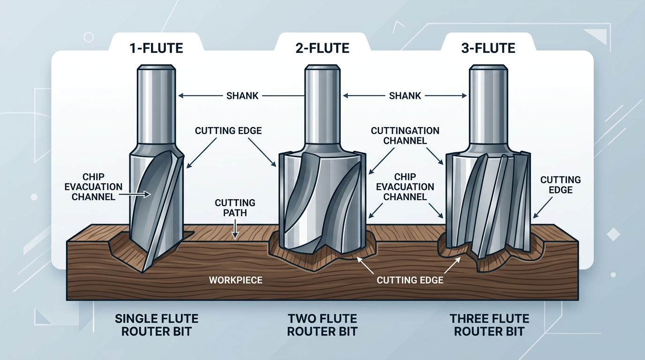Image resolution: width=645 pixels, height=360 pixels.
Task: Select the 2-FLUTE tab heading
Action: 322,48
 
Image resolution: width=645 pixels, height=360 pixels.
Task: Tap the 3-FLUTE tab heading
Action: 488,48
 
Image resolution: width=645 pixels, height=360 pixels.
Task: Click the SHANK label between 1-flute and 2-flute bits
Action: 242,96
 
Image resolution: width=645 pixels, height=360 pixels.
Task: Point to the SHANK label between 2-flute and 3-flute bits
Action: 405,96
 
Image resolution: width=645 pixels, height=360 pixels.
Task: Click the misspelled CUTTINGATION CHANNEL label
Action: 405,135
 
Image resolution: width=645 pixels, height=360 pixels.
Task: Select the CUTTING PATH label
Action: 235,208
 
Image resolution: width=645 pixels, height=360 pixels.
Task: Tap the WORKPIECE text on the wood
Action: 236,280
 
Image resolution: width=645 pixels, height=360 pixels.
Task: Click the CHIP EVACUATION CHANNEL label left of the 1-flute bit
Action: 97,187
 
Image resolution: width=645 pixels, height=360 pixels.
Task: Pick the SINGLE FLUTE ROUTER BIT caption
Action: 157,325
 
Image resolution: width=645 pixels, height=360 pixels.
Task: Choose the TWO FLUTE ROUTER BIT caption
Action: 322,325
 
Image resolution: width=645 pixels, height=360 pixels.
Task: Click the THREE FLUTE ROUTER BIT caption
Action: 489,325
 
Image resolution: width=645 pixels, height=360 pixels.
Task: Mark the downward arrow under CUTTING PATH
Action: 235,229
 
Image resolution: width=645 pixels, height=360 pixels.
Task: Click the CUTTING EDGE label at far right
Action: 560,185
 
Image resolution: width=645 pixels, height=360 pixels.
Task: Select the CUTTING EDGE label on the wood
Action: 410,280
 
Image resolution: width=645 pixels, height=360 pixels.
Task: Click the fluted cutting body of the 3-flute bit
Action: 487,202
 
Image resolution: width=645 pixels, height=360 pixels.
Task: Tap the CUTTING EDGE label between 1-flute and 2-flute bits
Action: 228,131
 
